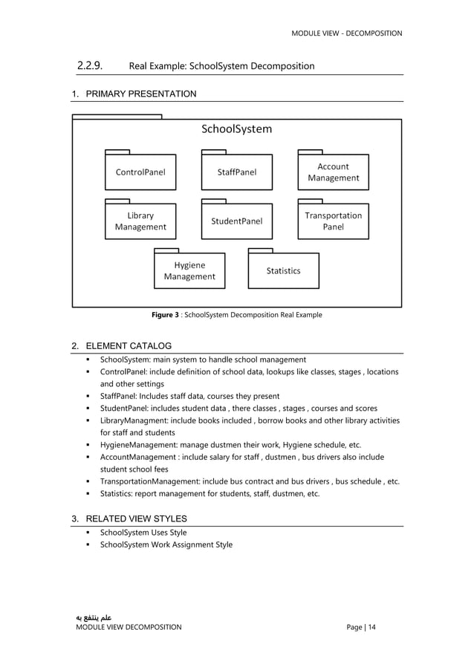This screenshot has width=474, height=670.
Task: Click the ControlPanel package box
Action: pos(140,172)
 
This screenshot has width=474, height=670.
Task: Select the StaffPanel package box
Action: pos(236,172)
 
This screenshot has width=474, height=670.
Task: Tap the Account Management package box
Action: pos(333,172)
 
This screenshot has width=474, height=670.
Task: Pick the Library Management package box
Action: pos(140,221)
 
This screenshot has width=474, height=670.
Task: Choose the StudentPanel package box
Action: pos(236,221)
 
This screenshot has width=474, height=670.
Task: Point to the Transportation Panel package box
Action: pos(333,221)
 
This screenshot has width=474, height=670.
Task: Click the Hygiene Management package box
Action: pos(189,271)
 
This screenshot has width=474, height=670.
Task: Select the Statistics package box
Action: pos(283,271)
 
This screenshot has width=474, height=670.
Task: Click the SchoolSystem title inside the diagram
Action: pos(237,129)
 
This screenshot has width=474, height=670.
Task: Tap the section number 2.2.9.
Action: pos(90,66)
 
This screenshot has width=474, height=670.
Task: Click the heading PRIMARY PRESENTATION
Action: pos(141,94)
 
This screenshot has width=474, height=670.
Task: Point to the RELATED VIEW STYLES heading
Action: pos(136,518)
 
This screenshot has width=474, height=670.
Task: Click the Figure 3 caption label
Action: pos(165,315)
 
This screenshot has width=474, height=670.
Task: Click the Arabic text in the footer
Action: pos(91,617)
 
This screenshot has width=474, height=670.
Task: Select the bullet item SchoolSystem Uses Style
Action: pos(143,533)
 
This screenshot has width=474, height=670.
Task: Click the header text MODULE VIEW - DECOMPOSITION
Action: pos(346,33)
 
